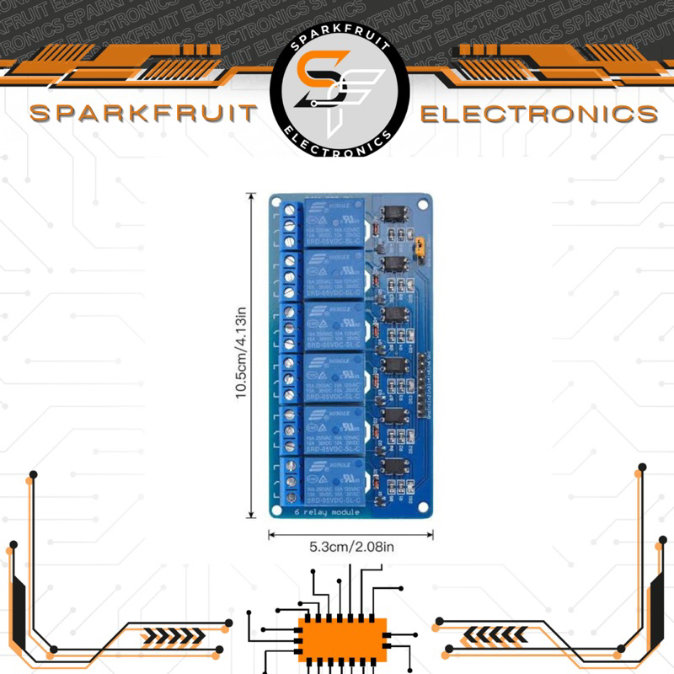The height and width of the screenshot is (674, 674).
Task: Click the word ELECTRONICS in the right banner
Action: pyautogui.click(x=539, y=113)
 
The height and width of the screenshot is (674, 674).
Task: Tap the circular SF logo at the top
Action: pyautogui.click(x=340, y=87)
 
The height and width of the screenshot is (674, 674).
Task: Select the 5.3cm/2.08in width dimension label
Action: pyautogui.click(x=351, y=547)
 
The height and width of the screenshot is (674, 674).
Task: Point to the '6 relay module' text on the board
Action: pyautogui.click(x=326, y=511)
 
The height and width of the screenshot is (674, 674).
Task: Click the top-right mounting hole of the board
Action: pyautogui.click(x=423, y=204)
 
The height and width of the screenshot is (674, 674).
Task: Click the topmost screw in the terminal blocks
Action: pyautogui.click(x=291, y=208)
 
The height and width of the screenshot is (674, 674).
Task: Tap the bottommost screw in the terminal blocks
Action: pyautogui.click(x=291, y=497)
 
